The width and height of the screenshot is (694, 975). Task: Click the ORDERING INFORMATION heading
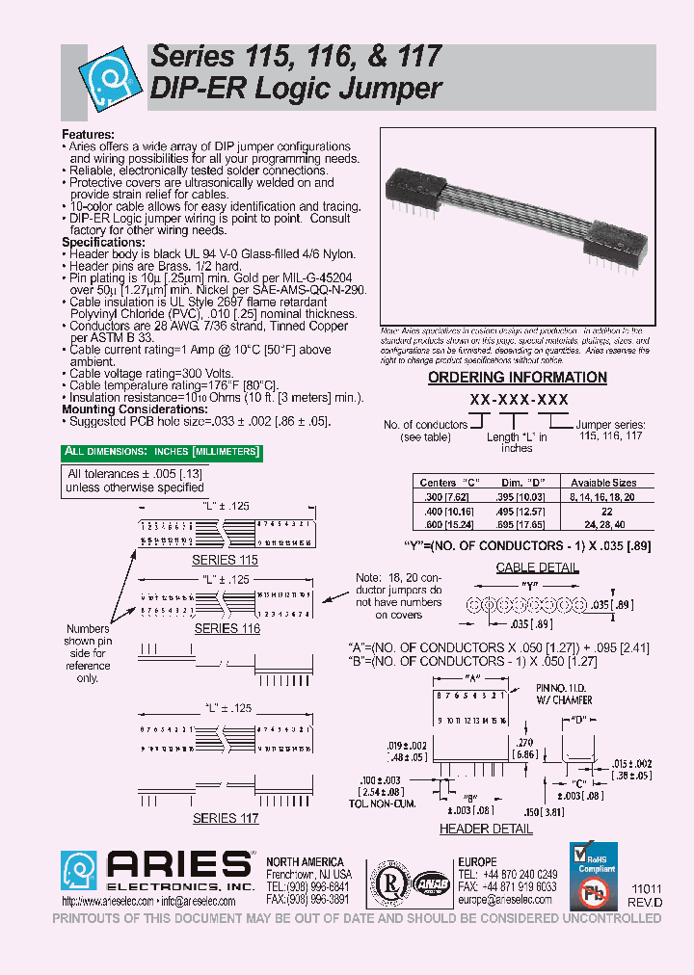coord(503,378)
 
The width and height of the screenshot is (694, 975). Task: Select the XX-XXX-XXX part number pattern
coord(518,399)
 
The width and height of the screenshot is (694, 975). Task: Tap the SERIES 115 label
coord(226,560)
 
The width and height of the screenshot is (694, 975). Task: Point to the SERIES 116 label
coord(227,628)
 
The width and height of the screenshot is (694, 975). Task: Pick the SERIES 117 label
coord(226,818)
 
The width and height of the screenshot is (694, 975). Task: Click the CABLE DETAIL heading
coord(537,567)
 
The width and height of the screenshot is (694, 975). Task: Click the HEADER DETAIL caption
coord(486,829)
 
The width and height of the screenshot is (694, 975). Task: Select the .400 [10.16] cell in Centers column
coord(443,511)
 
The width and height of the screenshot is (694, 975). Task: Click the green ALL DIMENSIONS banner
coord(160,452)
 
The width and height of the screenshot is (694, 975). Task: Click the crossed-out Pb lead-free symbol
coord(589,893)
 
